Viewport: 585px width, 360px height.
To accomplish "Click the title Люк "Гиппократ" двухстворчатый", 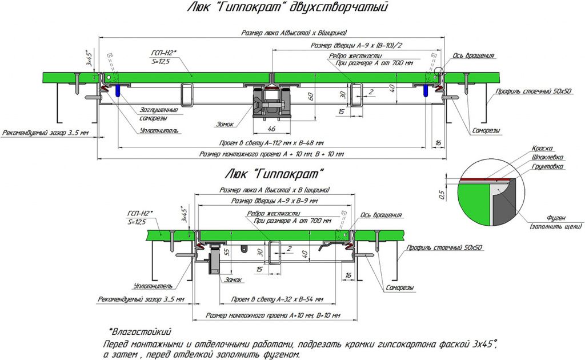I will click(287, 7).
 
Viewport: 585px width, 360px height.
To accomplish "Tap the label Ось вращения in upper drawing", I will click(474, 56).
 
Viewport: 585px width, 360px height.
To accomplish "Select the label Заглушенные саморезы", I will click(158, 114).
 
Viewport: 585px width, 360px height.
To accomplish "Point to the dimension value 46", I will click(271, 130).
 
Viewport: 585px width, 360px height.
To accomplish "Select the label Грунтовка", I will click(547, 166).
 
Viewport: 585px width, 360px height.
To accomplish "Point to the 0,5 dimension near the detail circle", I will click(442, 195).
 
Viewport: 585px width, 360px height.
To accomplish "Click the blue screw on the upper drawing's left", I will click(118, 91).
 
